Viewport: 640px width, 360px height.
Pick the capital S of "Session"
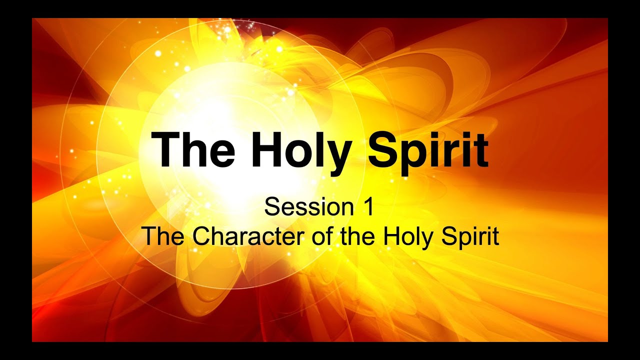pos(272,206)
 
